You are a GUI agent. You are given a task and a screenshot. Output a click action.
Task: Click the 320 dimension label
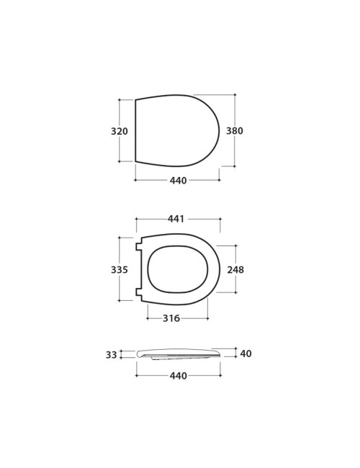(x=120, y=131)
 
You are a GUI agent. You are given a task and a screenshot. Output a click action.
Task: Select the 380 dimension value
(x=235, y=131)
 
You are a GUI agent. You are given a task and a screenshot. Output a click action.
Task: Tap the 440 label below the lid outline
(x=178, y=181)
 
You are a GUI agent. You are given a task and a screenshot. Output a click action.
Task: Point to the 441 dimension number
(x=176, y=219)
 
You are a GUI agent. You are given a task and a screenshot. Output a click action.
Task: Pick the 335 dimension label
(x=120, y=269)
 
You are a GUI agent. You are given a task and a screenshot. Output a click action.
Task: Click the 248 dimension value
(x=235, y=269)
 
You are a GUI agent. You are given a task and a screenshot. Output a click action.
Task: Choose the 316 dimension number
(x=171, y=318)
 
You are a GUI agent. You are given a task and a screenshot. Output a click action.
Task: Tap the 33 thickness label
(x=112, y=355)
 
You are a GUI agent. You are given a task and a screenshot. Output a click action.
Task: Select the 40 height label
(x=246, y=354)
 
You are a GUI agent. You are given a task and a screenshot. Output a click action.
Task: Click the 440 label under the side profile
(x=179, y=376)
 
